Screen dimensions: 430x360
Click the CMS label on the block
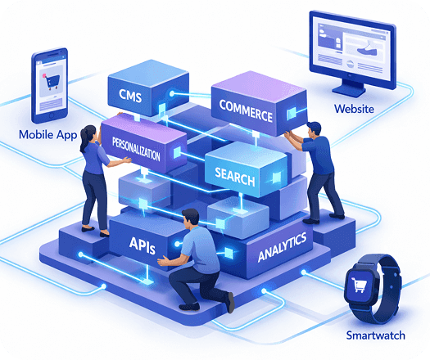tap(130, 96)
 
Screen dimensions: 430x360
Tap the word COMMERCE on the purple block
tap(246, 110)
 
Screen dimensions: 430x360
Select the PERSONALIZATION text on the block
tap(136, 149)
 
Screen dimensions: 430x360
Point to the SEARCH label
tap(235, 177)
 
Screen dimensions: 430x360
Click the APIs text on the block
tap(142, 245)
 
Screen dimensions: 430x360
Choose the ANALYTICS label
tap(283, 247)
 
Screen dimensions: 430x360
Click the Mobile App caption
tap(48, 135)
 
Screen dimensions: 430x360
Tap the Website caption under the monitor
tap(354, 109)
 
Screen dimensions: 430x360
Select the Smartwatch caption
tap(375, 335)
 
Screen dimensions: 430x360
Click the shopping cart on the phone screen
tap(51, 81)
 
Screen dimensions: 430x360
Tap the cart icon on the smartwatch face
tap(359, 285)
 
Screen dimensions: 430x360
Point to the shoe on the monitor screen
tap(367, 49)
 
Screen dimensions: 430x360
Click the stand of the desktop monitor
tap(350, 88)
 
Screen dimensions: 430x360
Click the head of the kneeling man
tap(190, 218)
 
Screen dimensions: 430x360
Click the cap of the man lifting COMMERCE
tap(315, 126)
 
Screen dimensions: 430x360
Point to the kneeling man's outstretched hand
tap(164, 261)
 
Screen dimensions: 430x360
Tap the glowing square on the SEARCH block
tap(277, 178)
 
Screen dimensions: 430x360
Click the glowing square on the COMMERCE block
tap(292, 113)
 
